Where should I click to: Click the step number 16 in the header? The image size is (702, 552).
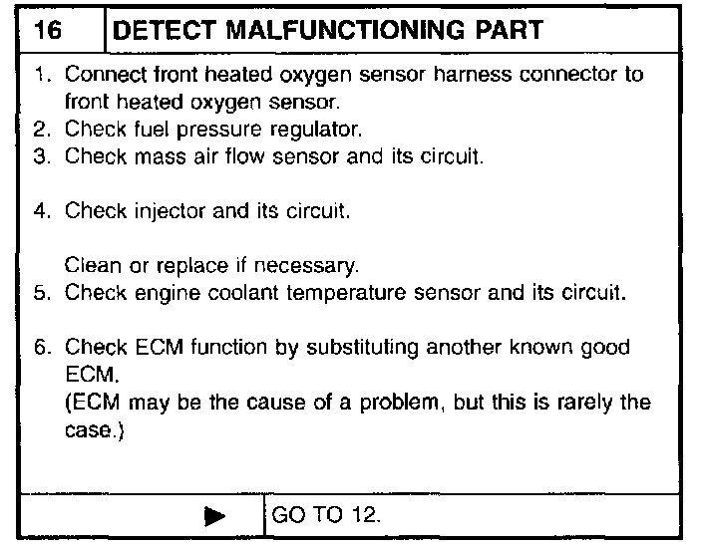coord(47,30)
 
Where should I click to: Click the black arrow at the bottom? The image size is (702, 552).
coord(214,516)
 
